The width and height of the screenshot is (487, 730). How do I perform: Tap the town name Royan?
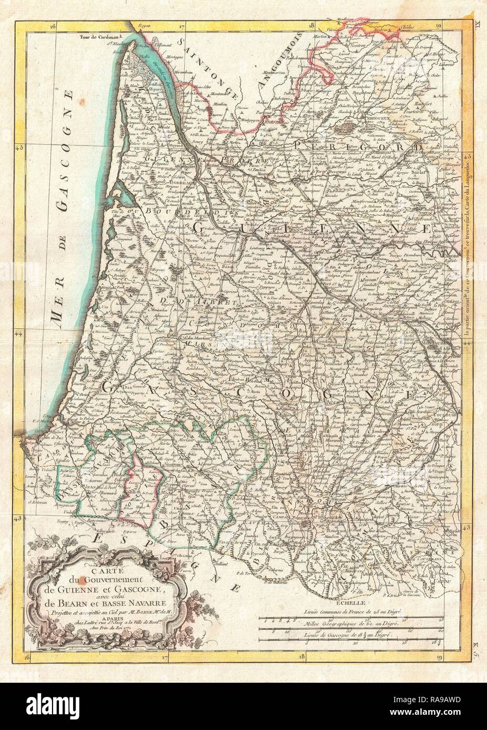[138, 24]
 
